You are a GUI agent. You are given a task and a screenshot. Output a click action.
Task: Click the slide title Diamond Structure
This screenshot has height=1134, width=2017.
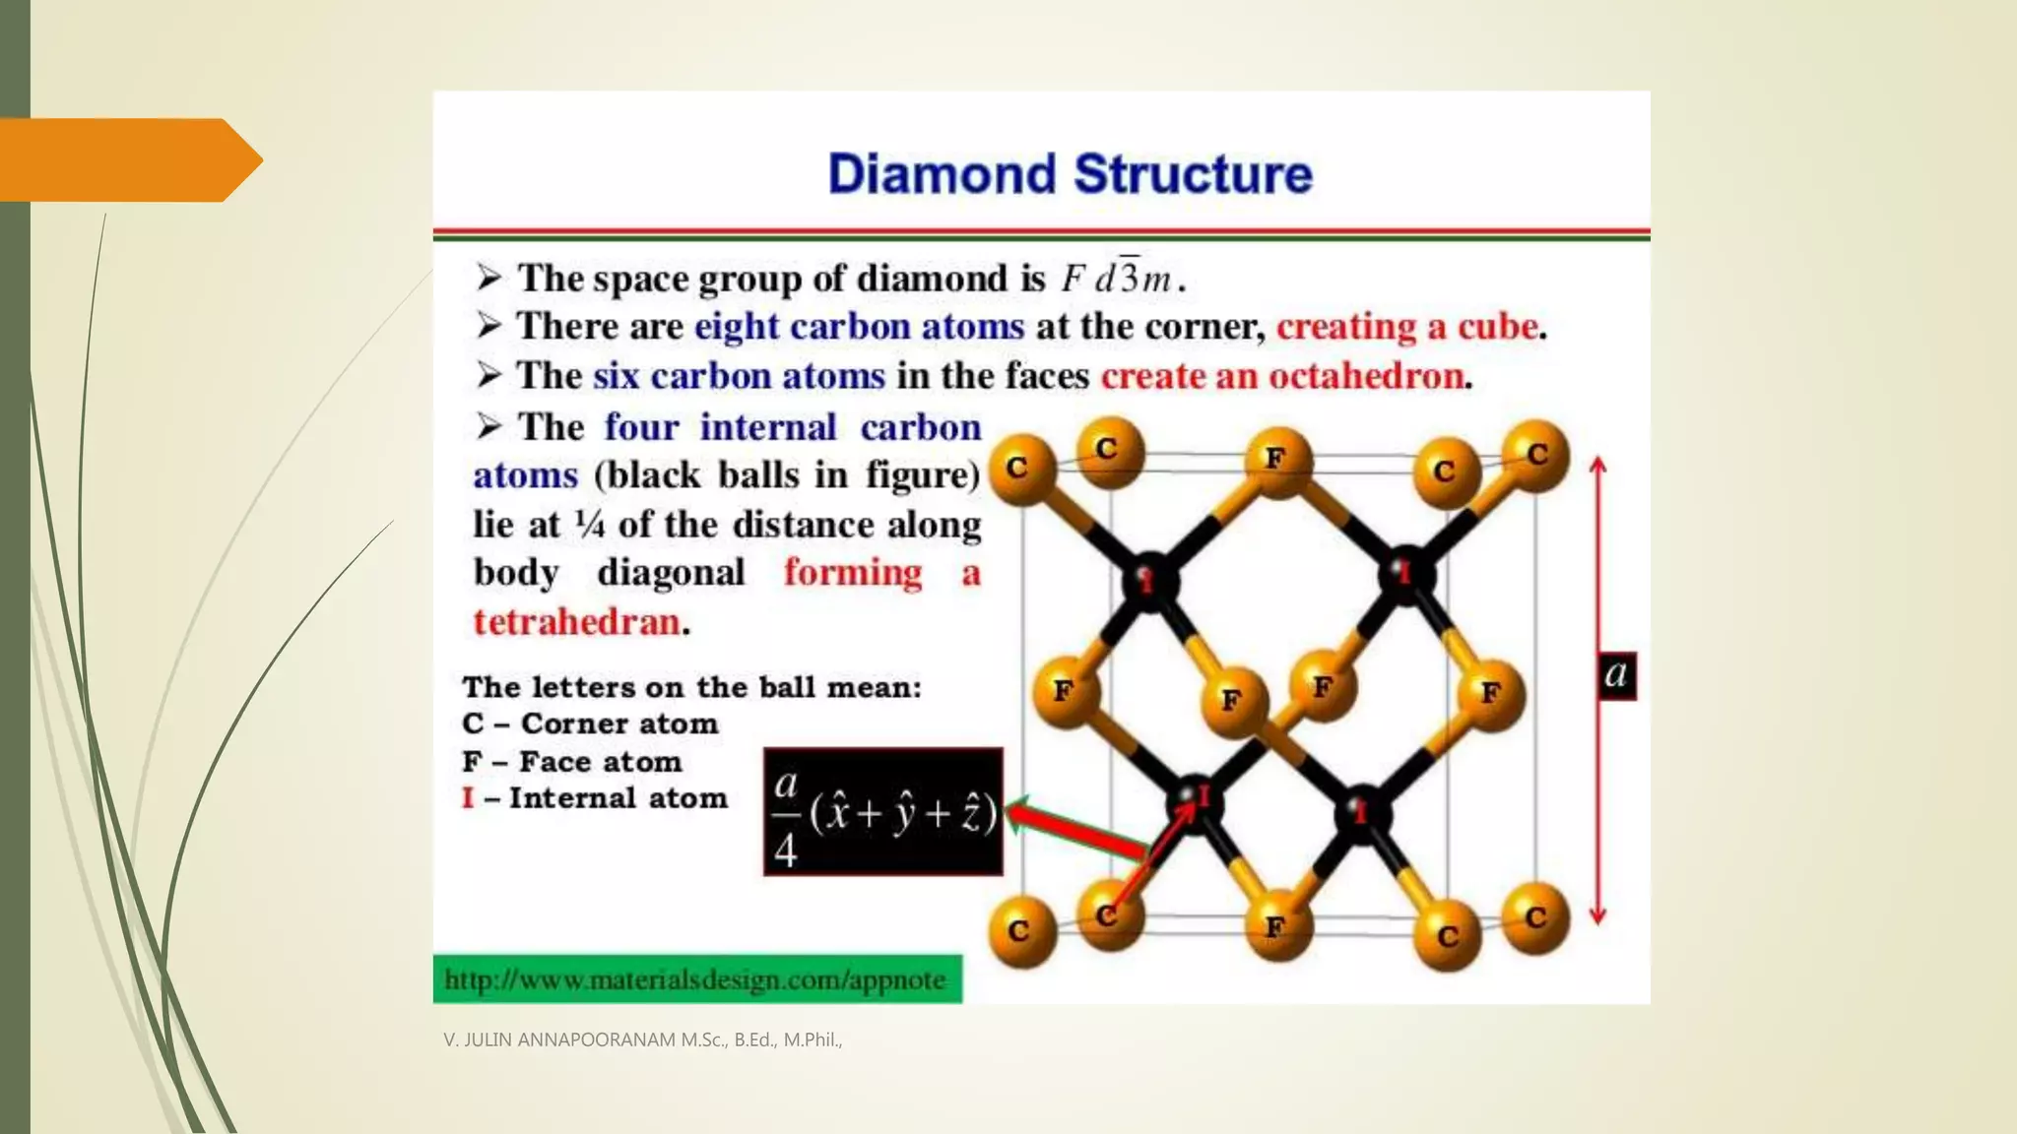coord(1070,174)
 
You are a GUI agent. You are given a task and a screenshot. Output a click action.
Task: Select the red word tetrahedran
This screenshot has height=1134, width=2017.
coord(576,622)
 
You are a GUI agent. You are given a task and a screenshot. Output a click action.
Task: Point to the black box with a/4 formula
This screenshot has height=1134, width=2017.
coord(882,812)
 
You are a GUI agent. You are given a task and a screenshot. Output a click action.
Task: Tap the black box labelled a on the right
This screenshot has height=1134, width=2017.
coord(1615,675)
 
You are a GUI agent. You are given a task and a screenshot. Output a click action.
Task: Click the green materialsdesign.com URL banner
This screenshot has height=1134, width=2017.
coord(697,979)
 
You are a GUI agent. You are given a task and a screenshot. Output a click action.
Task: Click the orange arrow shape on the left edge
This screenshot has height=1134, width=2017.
coord(128,160)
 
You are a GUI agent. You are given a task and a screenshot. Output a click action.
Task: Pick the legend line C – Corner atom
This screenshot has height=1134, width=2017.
coord(590,724)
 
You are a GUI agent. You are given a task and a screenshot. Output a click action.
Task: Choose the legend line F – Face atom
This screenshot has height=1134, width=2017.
coord(571,762)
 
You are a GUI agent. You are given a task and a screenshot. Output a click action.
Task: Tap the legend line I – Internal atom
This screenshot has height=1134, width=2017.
coord(595,798)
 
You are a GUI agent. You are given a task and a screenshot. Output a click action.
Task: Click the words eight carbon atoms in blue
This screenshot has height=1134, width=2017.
coord(859,327)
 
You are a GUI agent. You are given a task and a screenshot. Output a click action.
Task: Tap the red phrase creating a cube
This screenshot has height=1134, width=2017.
coord(1407,327)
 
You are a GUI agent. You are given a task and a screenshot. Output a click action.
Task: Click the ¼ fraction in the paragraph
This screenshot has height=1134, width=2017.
coord(589,525)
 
